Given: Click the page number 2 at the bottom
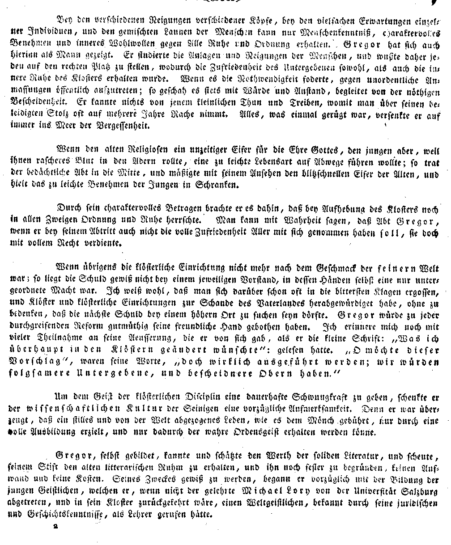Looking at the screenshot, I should [x=56, y=527].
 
